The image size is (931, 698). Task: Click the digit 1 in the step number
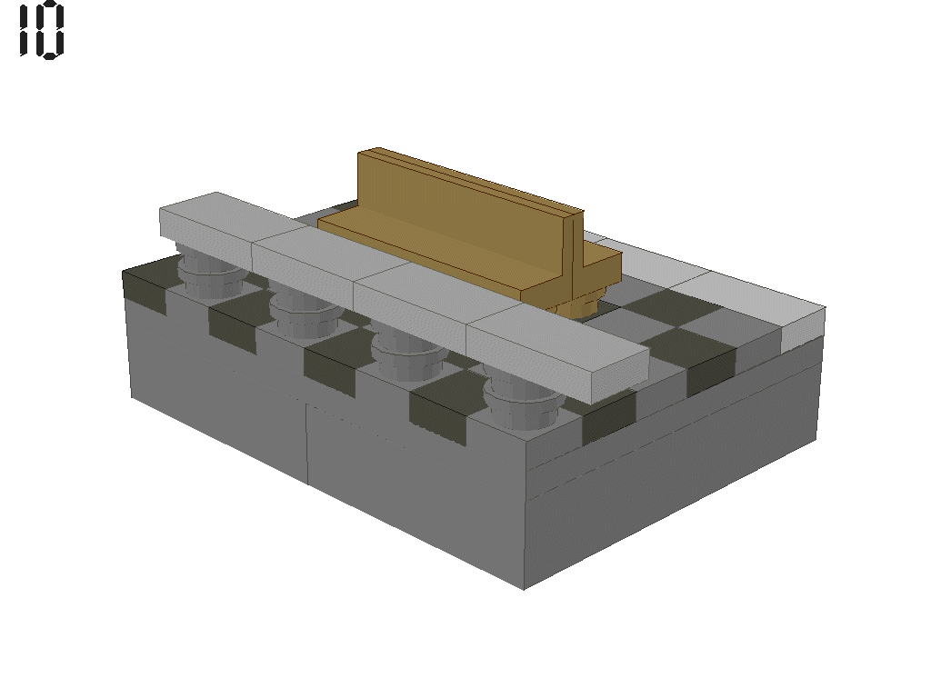tap(25, 30)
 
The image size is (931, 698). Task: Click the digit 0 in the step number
tap(50, 30)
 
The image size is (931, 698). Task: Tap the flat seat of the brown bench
tap(427, 250)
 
